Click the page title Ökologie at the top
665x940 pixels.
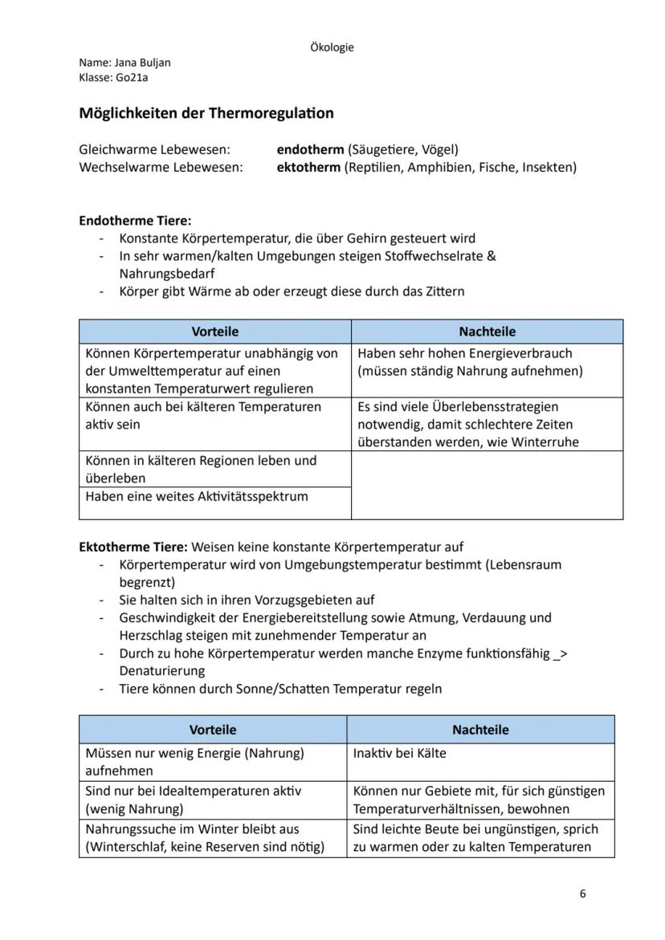click(332, 47)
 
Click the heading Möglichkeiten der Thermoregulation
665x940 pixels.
click(206, 113)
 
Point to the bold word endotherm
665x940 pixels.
click(310, 149)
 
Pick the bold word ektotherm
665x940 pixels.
click(308, 168)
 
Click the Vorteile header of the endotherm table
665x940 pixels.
click(214, 332)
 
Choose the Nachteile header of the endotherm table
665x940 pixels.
click(487, 332)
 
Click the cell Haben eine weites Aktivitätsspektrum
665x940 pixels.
click(197, 497)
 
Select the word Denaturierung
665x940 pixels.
click(161, 670)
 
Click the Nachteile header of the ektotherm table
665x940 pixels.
click(480, 730)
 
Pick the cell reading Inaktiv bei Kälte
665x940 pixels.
click(399, 754)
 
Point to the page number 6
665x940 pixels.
click(582, 894)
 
